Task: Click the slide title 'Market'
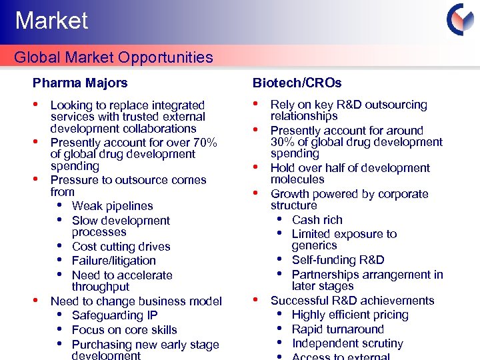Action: point(51,21)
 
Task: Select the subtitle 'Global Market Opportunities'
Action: point(113,57)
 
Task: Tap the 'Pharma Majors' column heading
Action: point(80,83)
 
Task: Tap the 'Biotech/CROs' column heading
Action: point(297,83)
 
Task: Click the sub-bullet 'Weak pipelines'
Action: point(112,206)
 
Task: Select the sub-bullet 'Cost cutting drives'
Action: point(121,247)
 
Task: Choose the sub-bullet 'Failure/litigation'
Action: point(113,261)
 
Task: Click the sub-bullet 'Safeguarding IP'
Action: point(115,315)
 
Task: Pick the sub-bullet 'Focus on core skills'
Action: point(124,330)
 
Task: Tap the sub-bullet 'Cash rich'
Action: point(317,220)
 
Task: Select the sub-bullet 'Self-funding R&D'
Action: point(338,260)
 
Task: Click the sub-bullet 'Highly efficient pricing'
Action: point(350,315)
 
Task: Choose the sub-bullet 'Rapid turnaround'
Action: point(338,329)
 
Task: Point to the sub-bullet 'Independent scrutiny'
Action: point(347,343)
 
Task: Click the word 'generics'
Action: point(314,245)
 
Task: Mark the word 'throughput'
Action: point(101,287)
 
